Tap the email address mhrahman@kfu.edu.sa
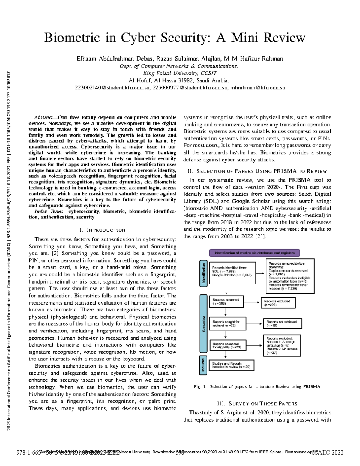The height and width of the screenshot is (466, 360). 257,88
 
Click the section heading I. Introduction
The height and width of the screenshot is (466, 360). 102,230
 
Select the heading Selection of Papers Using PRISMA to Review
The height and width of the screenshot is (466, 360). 257,171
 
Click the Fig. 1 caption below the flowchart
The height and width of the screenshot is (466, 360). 257,387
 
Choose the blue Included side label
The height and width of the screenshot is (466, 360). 203,365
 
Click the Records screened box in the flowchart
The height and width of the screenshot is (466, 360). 226,302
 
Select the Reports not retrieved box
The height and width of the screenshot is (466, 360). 282,323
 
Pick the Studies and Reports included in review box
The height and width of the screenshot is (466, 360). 231,365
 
